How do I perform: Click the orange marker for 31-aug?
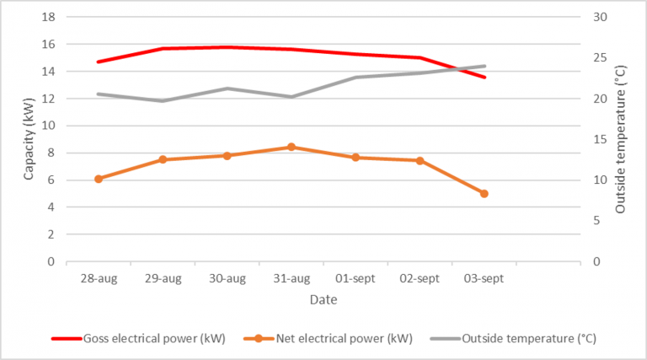click(291, 147)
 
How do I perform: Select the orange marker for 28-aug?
click(99, 179)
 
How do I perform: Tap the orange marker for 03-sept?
click(484, 194)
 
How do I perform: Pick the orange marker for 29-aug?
click(163, 159)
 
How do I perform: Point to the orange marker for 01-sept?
click(356, 158)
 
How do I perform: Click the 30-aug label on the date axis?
click(227, 278)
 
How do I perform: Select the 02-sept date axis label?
click(420, 278)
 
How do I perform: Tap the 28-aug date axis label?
click(99, 278)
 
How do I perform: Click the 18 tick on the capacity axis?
click(48, 18)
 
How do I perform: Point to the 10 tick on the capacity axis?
click(48, 126)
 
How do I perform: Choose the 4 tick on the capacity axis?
click(51, 207)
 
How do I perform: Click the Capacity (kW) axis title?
click(28, 138)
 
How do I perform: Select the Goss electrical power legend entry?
click(138, 339)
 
